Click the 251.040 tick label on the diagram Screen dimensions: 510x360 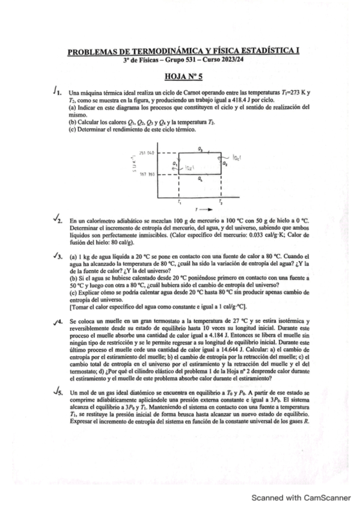[x=147, y=153]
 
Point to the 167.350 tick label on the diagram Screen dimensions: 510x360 [x=147, y=174]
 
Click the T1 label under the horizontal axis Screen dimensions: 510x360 [x=180, y=202]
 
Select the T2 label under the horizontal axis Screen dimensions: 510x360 [x=221, y=202]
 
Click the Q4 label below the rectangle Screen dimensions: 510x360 [x=200, y=180]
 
